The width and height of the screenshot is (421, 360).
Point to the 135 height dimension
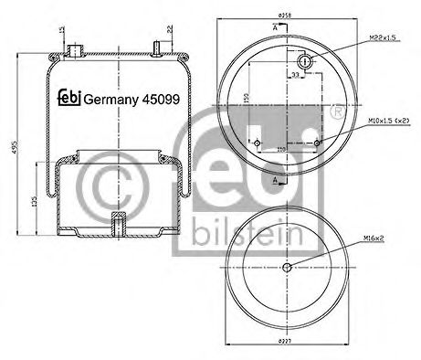(34, 202)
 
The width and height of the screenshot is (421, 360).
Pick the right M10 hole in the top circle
(316, 143)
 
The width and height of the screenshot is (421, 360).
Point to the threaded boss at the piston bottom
(116, 222)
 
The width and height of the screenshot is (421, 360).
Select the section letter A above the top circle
(276, 29)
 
